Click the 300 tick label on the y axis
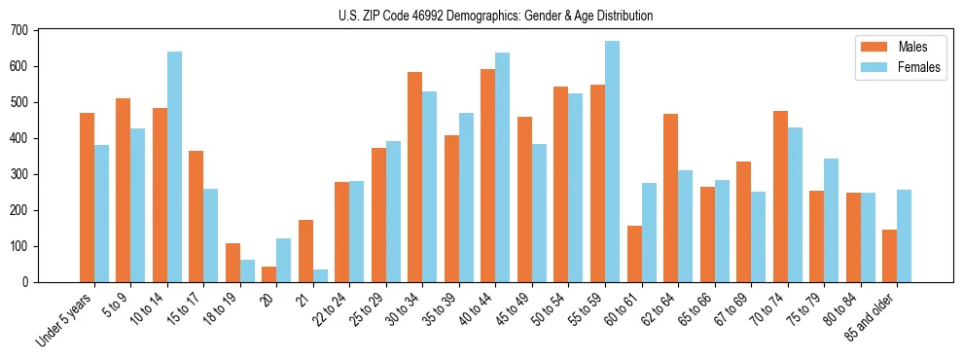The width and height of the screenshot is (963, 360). pos(19,174)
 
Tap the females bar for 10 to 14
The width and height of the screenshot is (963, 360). pos(174,166)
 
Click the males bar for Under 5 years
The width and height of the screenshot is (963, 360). pos(88,198)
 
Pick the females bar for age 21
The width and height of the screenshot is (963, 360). pos(320,275)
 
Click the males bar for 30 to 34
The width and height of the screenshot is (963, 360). pos(415,177)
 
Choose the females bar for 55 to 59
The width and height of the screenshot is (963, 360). pos(612,162)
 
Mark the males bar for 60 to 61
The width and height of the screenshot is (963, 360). pos(634,254)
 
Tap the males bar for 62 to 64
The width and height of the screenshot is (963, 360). pos(670,198)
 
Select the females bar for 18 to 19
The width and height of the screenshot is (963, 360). pos(247,270)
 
